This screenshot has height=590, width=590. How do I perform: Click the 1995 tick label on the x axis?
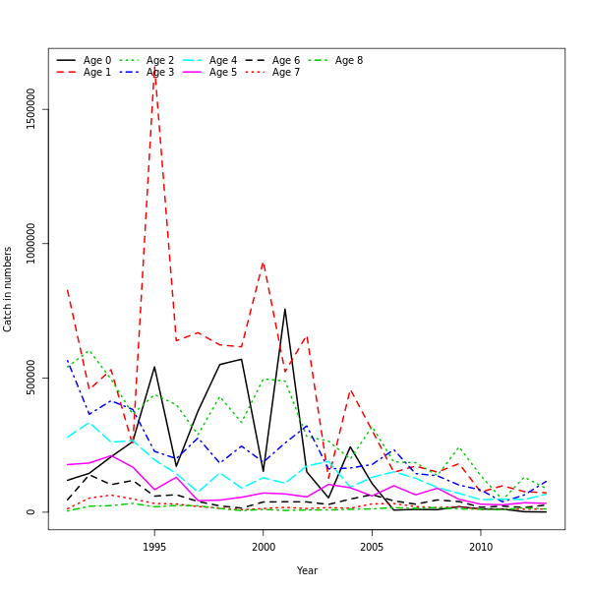[x=154, y=547]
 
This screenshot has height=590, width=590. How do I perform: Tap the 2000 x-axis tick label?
[x=263, y=547]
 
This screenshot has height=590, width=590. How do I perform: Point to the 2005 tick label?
[x=372, y=547]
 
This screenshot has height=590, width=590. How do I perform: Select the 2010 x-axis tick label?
[x=480, y=547]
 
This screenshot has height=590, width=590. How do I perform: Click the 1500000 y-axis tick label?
[x=30, y=108]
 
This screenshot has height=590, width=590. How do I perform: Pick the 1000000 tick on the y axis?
[x=30, y=243]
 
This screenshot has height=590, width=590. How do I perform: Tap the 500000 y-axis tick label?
[x=30, y=378]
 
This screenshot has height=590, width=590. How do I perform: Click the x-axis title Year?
[x=307, y=570]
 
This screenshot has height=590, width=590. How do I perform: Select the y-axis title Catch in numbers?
[x=8, y=289]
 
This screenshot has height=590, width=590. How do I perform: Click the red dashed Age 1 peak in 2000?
[x=263, y=263]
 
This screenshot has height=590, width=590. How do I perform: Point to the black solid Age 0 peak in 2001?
[x=285, y=309]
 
